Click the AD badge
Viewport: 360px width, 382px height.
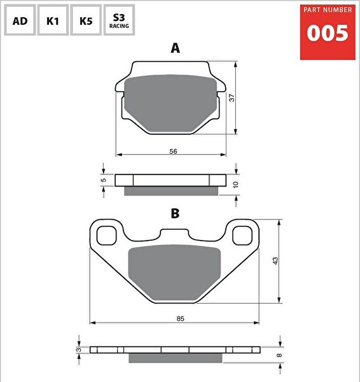[x=20, y=20]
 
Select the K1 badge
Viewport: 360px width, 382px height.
[x=53, y=20]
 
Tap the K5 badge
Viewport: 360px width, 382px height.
[x=86, y=20]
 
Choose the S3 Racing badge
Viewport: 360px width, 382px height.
[x=119, y=20]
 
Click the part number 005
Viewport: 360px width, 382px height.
[x=328, y=34]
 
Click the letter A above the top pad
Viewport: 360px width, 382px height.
[x=176, y=48]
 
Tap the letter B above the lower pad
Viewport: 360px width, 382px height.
[x=175, y=213]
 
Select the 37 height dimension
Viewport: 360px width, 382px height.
[x=232, y=97]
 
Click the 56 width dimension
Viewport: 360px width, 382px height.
[x=173, y=151]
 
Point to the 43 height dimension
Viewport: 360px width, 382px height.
[x=275, y=261]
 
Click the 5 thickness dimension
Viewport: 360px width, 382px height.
[x=103, y=180]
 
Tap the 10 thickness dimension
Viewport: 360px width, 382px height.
[x=236, y=183]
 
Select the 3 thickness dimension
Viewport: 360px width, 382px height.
[x=78, y=350]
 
